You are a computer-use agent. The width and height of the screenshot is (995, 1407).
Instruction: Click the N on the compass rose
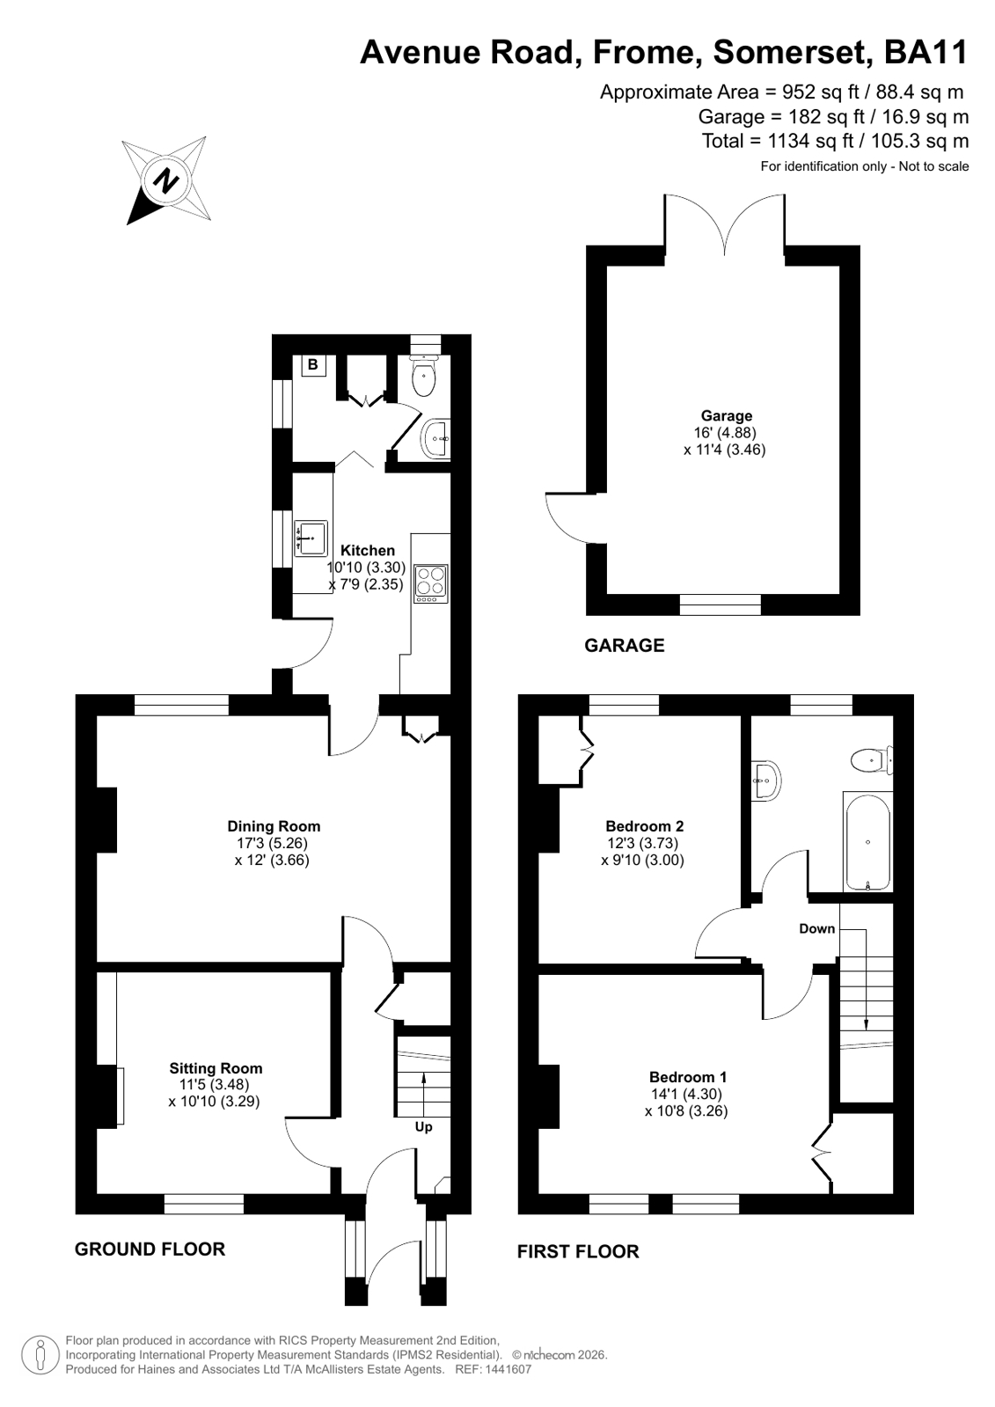pyautogui.click(x=166, y=181)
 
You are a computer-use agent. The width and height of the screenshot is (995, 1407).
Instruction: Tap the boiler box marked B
pyautogui.click(x=313, y=365)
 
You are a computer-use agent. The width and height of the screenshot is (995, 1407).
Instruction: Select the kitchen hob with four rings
pyautogui.click(x=431, y=584)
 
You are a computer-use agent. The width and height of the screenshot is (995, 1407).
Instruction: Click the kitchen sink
pyautogui.click(x=311, y=538)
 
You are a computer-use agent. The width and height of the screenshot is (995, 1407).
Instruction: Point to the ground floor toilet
pyautogui.click(x=425, y=374)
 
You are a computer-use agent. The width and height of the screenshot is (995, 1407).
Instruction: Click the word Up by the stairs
pyautogui.click(x=423, y=1127)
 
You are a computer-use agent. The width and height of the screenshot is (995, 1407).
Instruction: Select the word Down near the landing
pyautogui.click(x=816, y=928)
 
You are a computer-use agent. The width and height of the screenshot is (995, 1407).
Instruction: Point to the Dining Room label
pyautogui.click(x=274, y=826)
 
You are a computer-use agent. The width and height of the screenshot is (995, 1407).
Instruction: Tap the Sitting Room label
pyautogui.click(x=216, y=1068)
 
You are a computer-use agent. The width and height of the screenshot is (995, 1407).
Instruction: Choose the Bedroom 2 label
pyautogui.click(x=644, y=826)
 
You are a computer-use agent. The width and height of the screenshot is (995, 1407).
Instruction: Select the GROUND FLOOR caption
pyautogui.click(x=150, y=1249)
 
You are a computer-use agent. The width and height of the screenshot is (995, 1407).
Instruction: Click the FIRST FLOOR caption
pyautogui.click(x=578, y=1252)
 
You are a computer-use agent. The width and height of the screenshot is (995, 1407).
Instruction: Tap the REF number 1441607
pyautogui.click(x=507, y=1369)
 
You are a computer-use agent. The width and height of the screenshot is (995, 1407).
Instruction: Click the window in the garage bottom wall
pyautogui.click(x=720, y=605)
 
